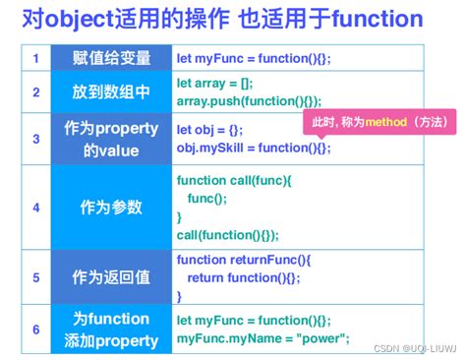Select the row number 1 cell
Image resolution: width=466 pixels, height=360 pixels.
tap(36, 59)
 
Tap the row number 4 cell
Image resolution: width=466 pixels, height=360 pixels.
tap(36, 208)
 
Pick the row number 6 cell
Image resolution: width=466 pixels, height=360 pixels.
tap(36, 330)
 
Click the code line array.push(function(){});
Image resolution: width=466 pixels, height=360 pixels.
tap(249, 101)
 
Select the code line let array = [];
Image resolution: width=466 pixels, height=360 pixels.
tap(215, 84)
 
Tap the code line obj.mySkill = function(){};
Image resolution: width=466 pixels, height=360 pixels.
tap(254, 148)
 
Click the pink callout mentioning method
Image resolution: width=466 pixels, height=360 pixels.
tap(378, 122)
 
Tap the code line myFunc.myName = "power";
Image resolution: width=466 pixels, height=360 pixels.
tap(262, 339)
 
